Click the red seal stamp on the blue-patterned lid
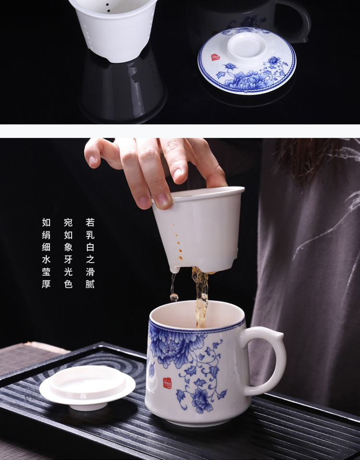[216, 57]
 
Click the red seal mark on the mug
[167, 383]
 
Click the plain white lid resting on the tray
[87, 385]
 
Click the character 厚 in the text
[46, 284]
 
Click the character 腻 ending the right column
[90, 284]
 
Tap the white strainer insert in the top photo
[113, 29]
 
